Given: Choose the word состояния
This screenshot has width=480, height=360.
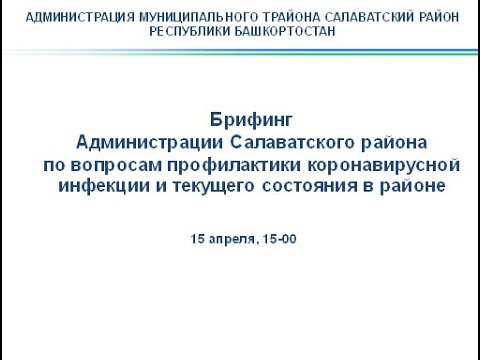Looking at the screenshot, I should pyautogui.click(x=315, y=185).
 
